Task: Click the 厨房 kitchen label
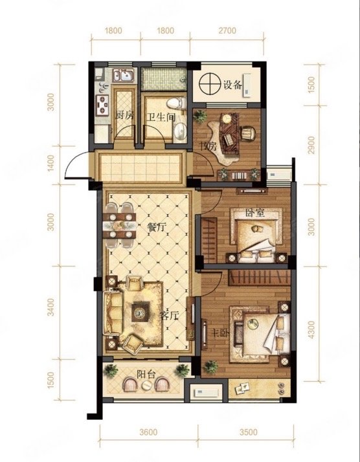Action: pos(124,115)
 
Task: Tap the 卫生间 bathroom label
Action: pos(161,117)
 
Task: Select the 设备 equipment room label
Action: pos(232,85)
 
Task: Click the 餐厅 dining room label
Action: pos(157,227)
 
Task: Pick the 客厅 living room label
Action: pos(169,316)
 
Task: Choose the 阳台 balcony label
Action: pos(146,374)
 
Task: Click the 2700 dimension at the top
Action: pos(227,30)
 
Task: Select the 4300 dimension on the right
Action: pos(311,330)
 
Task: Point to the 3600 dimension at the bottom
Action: pos(148,432)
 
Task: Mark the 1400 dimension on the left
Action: pos(51,164)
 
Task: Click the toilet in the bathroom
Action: pos(176,104)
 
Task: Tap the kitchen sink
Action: pos(124,75)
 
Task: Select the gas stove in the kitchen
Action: pos(102,105)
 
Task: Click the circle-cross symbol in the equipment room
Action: pos(210,84)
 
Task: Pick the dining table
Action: pos(119,225)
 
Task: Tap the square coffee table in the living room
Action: pos(141,312)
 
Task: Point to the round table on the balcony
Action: pos(146,385)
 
